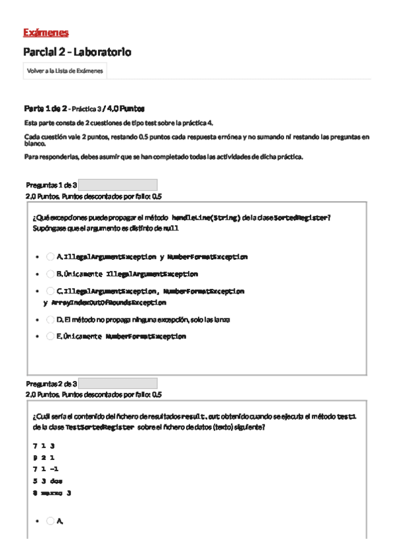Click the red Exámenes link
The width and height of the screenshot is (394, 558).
click(x=45, y=33)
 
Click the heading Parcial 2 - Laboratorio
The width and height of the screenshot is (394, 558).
click(x=77, y=52)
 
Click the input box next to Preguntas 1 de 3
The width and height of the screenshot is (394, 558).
click(x=118, y=185)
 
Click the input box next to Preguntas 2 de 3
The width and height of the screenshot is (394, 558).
click(x=118, y=383)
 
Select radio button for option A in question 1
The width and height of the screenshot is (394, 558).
click(x=51, y=257)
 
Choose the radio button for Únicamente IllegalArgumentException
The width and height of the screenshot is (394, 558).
click(x=51, y=274)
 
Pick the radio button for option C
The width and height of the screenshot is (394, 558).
click(x=51, y=291)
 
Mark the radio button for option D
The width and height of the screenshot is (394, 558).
click(x=51, y=320)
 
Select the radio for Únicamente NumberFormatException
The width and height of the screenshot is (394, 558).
click(x=51, y=336)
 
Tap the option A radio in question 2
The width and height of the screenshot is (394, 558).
click(x=51, y=521)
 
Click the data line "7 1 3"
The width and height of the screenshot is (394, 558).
click(x=43, y=445)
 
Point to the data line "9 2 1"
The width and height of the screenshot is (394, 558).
click(x=43, y=457)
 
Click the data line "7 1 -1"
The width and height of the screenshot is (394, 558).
click(x=45, y=469)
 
